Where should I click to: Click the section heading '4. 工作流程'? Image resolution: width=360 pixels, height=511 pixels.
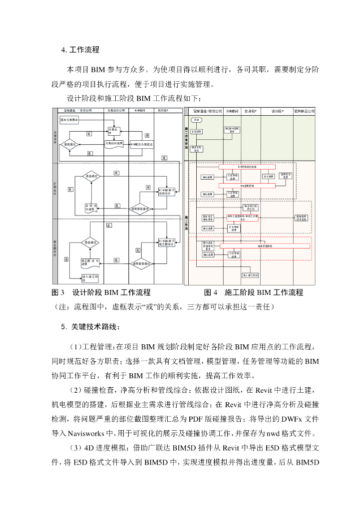point(80,50)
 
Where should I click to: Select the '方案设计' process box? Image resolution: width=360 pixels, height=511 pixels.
point(114,131)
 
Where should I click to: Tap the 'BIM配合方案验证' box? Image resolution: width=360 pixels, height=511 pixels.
point(142,145)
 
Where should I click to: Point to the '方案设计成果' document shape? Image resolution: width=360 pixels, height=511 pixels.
point(114,144)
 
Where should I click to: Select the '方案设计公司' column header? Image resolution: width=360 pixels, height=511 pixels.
point(116,110)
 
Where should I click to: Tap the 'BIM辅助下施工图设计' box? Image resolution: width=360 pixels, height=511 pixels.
point(167,244)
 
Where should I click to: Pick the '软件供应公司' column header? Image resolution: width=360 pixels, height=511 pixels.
point(304,110)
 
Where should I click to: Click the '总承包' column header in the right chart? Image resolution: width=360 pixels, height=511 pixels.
point(251,110)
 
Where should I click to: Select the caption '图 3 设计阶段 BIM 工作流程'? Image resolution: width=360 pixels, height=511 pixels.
point(101,292)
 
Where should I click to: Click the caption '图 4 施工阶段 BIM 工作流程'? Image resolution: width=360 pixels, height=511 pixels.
point(254,292)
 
